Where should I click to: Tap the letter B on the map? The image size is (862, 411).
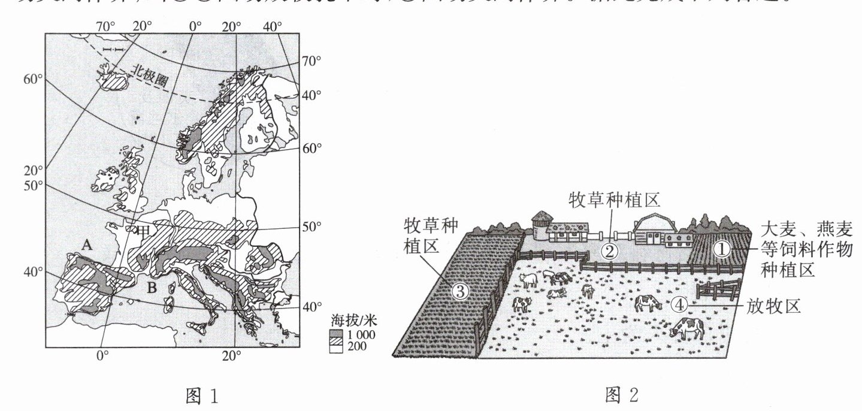152,288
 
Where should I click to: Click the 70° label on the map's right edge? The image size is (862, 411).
311,61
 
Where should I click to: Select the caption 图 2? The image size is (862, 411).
622,395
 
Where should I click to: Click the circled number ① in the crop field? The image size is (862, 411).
722,249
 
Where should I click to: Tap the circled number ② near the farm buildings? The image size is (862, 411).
609,250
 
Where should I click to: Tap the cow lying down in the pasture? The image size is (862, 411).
556,293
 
